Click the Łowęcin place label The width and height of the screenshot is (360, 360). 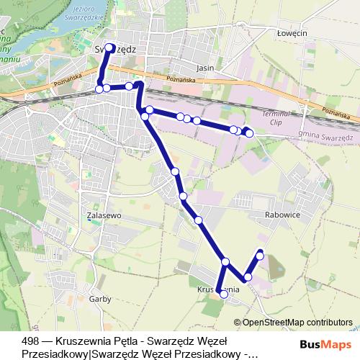click(294, 32)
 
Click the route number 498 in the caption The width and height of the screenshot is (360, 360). click(31, 341)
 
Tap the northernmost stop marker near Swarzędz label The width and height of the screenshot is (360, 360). click(110, 48)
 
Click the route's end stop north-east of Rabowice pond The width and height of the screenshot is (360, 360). click(260, 254)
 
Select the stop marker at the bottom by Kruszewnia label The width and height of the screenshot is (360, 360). click(224, 294)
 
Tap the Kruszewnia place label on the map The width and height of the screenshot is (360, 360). click(217, 288)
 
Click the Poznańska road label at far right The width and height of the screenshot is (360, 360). click(336, 113)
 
